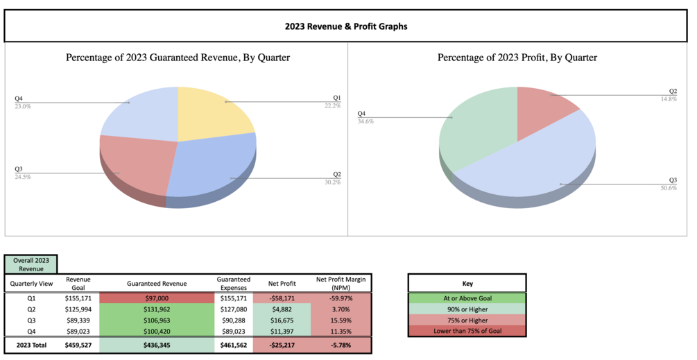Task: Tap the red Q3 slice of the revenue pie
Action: click(x=135, y=166)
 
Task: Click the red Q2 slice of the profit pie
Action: click(x=548, y=104)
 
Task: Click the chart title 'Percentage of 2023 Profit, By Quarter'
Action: click(x=517, y=58)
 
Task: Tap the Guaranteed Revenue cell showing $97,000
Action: click(x=156, y=298)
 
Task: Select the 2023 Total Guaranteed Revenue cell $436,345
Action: click(x=156, y=345)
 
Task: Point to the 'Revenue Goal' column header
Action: click(x=78, y=282)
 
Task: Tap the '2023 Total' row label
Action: click(x=28, y=345)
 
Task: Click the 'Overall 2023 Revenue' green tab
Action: click(x=30, y=264)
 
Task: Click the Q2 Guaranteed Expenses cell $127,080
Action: click(x=233, y=309)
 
